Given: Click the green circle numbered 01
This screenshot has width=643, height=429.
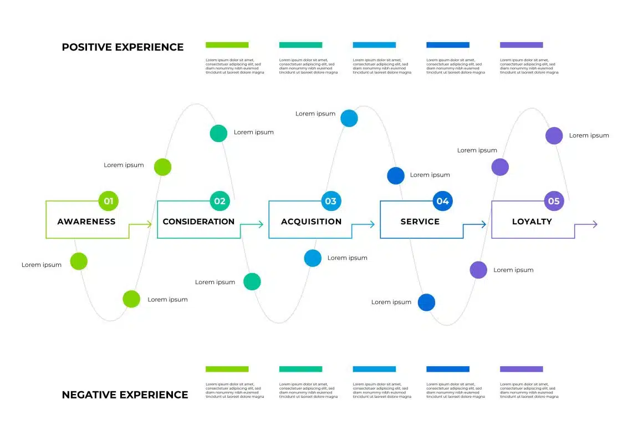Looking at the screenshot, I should click(x=109, y=201).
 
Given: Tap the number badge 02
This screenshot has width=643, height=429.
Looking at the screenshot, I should click(x=220, y=201).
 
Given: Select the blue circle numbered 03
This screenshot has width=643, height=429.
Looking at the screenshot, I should click(x=331, y=201).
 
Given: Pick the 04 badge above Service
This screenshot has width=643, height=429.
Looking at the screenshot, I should click(x=442, y=201).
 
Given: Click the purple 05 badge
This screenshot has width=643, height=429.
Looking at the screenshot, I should click(x=554, y=201).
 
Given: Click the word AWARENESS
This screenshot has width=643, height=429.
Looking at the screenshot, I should click(x=86, y=221).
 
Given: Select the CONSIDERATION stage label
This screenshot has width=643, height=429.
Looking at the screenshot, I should click(x=198, y=221).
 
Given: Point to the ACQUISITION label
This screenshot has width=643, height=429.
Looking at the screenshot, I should click(x=311, y=221).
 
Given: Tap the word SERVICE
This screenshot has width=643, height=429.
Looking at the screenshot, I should click(x=420, y=221).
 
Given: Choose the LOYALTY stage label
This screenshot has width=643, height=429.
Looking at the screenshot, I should click(x=532, y=221).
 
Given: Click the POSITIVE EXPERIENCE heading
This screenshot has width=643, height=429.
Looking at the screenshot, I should click(x=123, y=47).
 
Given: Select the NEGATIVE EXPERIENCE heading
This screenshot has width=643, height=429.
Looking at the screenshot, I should click(x=125, y=395).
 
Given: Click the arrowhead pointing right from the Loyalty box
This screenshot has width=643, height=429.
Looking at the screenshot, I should click(x=594, y=224).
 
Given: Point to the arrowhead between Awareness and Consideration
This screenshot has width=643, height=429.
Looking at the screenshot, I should click(x=149, y=224).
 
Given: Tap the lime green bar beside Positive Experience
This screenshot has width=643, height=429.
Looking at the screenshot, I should click(x=227, y=45).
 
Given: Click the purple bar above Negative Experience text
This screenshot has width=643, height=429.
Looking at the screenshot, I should click(x=521, y=369).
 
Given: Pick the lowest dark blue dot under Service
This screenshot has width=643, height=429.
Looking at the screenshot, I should click(x=426, y=302).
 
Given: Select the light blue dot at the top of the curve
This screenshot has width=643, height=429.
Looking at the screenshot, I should click(x=349, y=118).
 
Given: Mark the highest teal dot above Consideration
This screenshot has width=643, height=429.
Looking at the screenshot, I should click(x=218, y=133).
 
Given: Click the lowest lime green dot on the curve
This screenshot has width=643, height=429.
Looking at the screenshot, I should click(x=131, y=299).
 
